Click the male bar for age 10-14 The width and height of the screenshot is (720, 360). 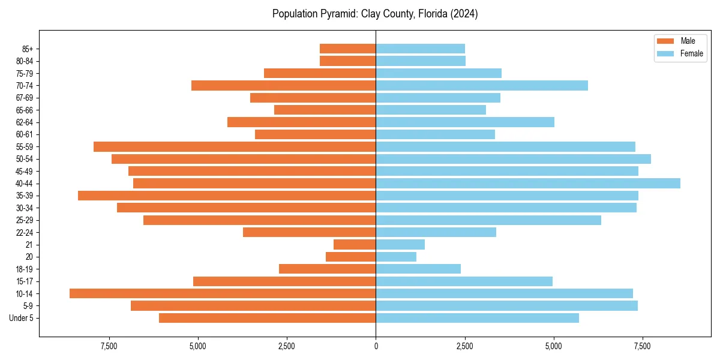(x=223, y=293)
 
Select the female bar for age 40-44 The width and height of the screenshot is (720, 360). (x=528, y=184)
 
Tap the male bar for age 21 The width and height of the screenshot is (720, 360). (x=355, y=245)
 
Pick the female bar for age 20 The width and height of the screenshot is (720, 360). (x=396, y=257)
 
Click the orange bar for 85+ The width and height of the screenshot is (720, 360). (x=347, y=49)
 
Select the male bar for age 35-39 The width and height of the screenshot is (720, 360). (x=227, y=196)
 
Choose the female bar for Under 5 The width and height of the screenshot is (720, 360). (x=477, y=318)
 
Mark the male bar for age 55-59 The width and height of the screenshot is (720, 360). (x=235, y=147)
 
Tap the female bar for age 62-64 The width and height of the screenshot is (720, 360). (x=465, y=122)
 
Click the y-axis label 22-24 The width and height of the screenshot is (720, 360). (x=25, y=233)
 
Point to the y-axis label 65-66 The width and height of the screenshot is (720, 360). (x=25, y=110)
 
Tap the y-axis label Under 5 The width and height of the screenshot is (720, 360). (x=22, y=318)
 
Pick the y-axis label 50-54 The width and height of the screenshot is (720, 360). (x=25, y=159)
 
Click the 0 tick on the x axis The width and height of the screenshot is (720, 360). (x=376, y=346)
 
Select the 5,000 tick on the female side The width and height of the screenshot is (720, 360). (x=553, y=346)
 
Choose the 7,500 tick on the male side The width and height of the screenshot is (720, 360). (x=109, y=346)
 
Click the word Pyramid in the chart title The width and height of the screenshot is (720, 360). (x=337, y=14)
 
